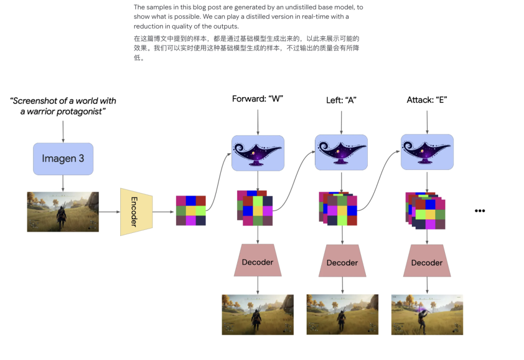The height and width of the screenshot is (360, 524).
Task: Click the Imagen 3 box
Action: coord(63,159)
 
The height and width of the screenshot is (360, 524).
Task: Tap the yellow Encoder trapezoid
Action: coord(136,212)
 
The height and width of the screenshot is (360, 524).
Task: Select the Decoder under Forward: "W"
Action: coord(258,261)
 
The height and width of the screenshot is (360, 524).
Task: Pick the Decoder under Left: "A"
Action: coord(342,261)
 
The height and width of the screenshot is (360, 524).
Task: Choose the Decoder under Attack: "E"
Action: coord(427,261)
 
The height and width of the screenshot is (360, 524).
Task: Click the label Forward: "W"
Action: coord(258,99)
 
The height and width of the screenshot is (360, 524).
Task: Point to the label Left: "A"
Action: coord(341,100)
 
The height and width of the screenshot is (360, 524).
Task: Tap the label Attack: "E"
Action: coord(427,99)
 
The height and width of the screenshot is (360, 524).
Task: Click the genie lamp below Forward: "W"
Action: coord(258,153)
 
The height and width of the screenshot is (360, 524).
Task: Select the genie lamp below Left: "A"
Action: coord(341,152)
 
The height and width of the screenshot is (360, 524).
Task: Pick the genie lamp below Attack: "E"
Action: coord(427,152)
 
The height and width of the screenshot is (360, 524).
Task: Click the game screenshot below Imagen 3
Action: coord(63,212)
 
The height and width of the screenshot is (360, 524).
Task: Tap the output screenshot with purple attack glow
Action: coord(427,314)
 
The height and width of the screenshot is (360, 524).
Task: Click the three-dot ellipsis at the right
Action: coord(480,211)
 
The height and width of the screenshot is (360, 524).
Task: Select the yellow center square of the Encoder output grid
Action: coord(191,211)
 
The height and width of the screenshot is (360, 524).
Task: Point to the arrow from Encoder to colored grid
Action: coord(164,212)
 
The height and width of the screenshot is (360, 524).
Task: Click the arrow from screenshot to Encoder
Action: coord(110,212)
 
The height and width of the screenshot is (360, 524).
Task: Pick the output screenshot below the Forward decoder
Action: coord(258,314)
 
